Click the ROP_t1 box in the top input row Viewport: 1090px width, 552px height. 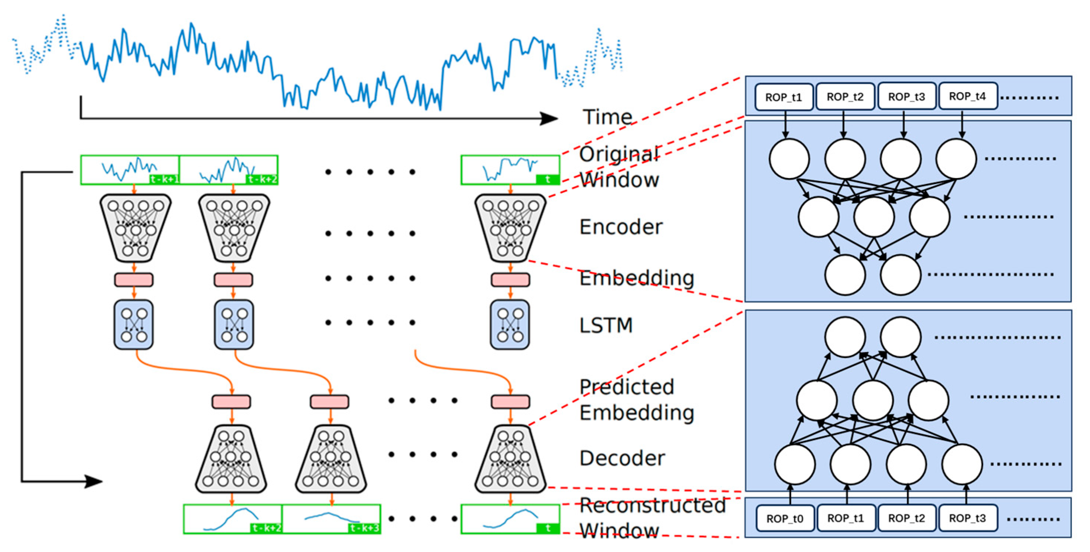tap(784, 97)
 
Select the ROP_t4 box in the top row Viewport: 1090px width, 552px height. tap(968, 96)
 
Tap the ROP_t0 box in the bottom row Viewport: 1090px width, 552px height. tap(785, 518)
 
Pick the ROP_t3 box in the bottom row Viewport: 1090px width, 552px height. tap(968, 518)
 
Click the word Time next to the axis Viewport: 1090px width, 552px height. tap(607, 117)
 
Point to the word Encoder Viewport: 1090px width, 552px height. tap(621, 227)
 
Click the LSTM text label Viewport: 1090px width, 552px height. tap(606, 326)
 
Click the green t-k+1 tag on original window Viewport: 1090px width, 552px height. tap(164, 179)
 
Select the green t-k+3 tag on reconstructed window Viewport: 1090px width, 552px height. tap(364, 528)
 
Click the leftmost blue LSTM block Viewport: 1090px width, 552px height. tap(134, 325)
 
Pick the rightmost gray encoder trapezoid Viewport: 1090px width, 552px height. tap(510, 228)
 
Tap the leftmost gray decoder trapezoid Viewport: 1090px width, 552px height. tap(231, 459)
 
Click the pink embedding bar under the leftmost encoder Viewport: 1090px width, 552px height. tap(134, 280)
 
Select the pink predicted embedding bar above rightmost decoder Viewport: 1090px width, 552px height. tap(510, 401)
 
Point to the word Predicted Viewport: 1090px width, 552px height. tap(626, 387)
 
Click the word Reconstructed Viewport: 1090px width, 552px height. tap(652, 505)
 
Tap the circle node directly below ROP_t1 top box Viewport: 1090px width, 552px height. tap(789, 159)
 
